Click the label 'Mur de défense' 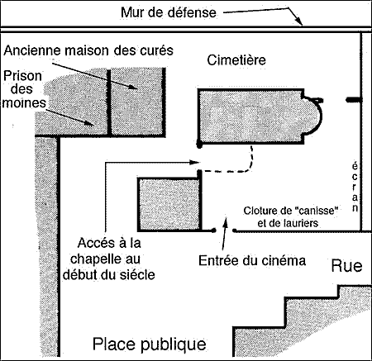point(169,12)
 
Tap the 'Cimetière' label point(236,60)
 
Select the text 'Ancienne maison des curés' point(88,50)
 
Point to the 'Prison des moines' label point(23,89)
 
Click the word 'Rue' point(346,266)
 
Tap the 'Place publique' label point(150,344)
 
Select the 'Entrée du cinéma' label point(252,260)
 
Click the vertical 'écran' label point(355,188)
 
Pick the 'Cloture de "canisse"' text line point(291,211)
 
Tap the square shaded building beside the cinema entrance point(169,204)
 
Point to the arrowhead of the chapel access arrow point(194,162)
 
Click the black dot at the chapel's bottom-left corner point(199,144)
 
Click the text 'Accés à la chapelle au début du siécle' point(109,259)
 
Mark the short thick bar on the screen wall point(354,100)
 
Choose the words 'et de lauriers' point(288,223)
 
